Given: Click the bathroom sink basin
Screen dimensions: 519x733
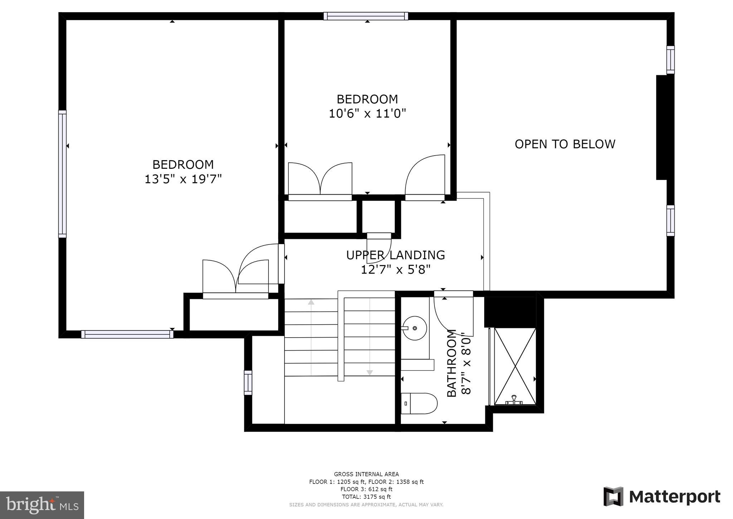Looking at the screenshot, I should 415,328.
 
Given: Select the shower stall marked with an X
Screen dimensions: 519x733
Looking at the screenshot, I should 515,366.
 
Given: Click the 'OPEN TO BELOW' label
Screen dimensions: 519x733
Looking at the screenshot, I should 565,144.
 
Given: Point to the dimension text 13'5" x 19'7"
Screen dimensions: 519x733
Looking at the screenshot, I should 183,179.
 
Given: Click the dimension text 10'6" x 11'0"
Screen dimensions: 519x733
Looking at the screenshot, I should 367,114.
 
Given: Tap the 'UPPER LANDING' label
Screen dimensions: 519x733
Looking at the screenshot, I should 395,255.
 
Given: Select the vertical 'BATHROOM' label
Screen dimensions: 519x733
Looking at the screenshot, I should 452,363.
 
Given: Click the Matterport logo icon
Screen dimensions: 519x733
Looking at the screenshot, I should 613,496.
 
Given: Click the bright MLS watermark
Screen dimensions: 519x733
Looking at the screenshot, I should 42,505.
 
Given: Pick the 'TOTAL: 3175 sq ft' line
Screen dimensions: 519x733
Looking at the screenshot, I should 366,497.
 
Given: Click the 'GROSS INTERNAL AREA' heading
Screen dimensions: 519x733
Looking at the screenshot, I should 366,474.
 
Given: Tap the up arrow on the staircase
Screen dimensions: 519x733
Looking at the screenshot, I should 311,302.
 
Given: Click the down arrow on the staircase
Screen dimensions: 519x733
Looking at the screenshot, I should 370,373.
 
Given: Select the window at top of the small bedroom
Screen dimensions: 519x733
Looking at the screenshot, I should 366,16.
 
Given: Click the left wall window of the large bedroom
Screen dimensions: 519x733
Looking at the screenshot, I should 62,174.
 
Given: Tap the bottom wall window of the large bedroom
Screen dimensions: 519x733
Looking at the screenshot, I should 127,334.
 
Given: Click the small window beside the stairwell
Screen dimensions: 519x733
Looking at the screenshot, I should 248,383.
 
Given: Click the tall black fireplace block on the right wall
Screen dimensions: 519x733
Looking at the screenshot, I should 662,127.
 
